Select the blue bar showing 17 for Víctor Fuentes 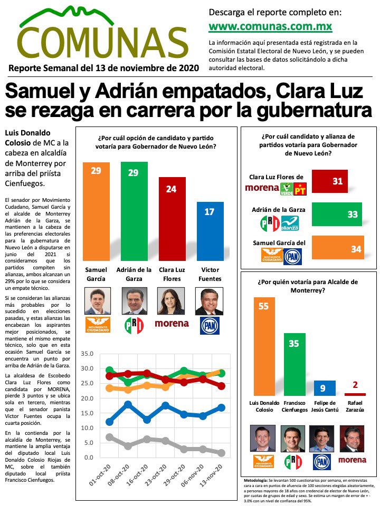[x=210, y=231]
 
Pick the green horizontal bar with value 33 [x=337, y=215]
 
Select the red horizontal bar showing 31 [x=330, y=181]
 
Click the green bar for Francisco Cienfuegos [x=294, y=364]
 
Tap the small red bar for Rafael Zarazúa [x=355, y=394]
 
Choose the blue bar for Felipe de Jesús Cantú [x=325, y=388]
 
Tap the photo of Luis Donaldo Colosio [x=264, y=440]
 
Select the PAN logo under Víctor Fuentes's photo [x=210, y=325]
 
